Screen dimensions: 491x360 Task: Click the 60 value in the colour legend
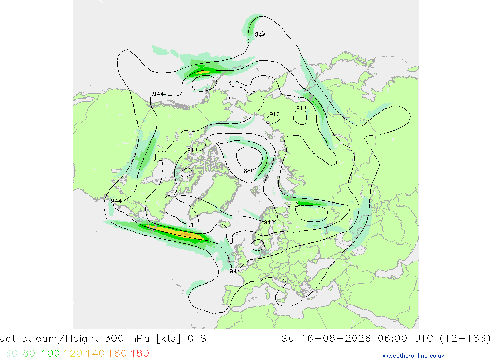coord(11,353)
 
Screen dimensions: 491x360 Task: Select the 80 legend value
coord(29,353)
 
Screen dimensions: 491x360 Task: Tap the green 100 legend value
coord(51,353)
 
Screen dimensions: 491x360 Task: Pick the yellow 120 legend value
coord(73,353)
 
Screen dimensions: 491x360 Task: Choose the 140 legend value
coord(95,353)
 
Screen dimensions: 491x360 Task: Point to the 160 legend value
coord(117,353)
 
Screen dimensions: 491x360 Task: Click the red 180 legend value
coord(139,353)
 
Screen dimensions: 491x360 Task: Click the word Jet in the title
coord(7,338)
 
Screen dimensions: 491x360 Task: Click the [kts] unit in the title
coord(168,339)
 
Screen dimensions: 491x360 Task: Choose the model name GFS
coord(197,338)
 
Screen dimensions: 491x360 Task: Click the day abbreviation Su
coord(288,338)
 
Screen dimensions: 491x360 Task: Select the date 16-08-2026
coord(336,338)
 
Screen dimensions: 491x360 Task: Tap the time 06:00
coord(392,338)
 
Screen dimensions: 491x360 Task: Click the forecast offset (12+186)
coord(465,339)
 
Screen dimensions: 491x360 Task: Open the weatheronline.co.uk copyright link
coord(413,356)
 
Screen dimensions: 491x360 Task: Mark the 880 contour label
coord(249,171)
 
